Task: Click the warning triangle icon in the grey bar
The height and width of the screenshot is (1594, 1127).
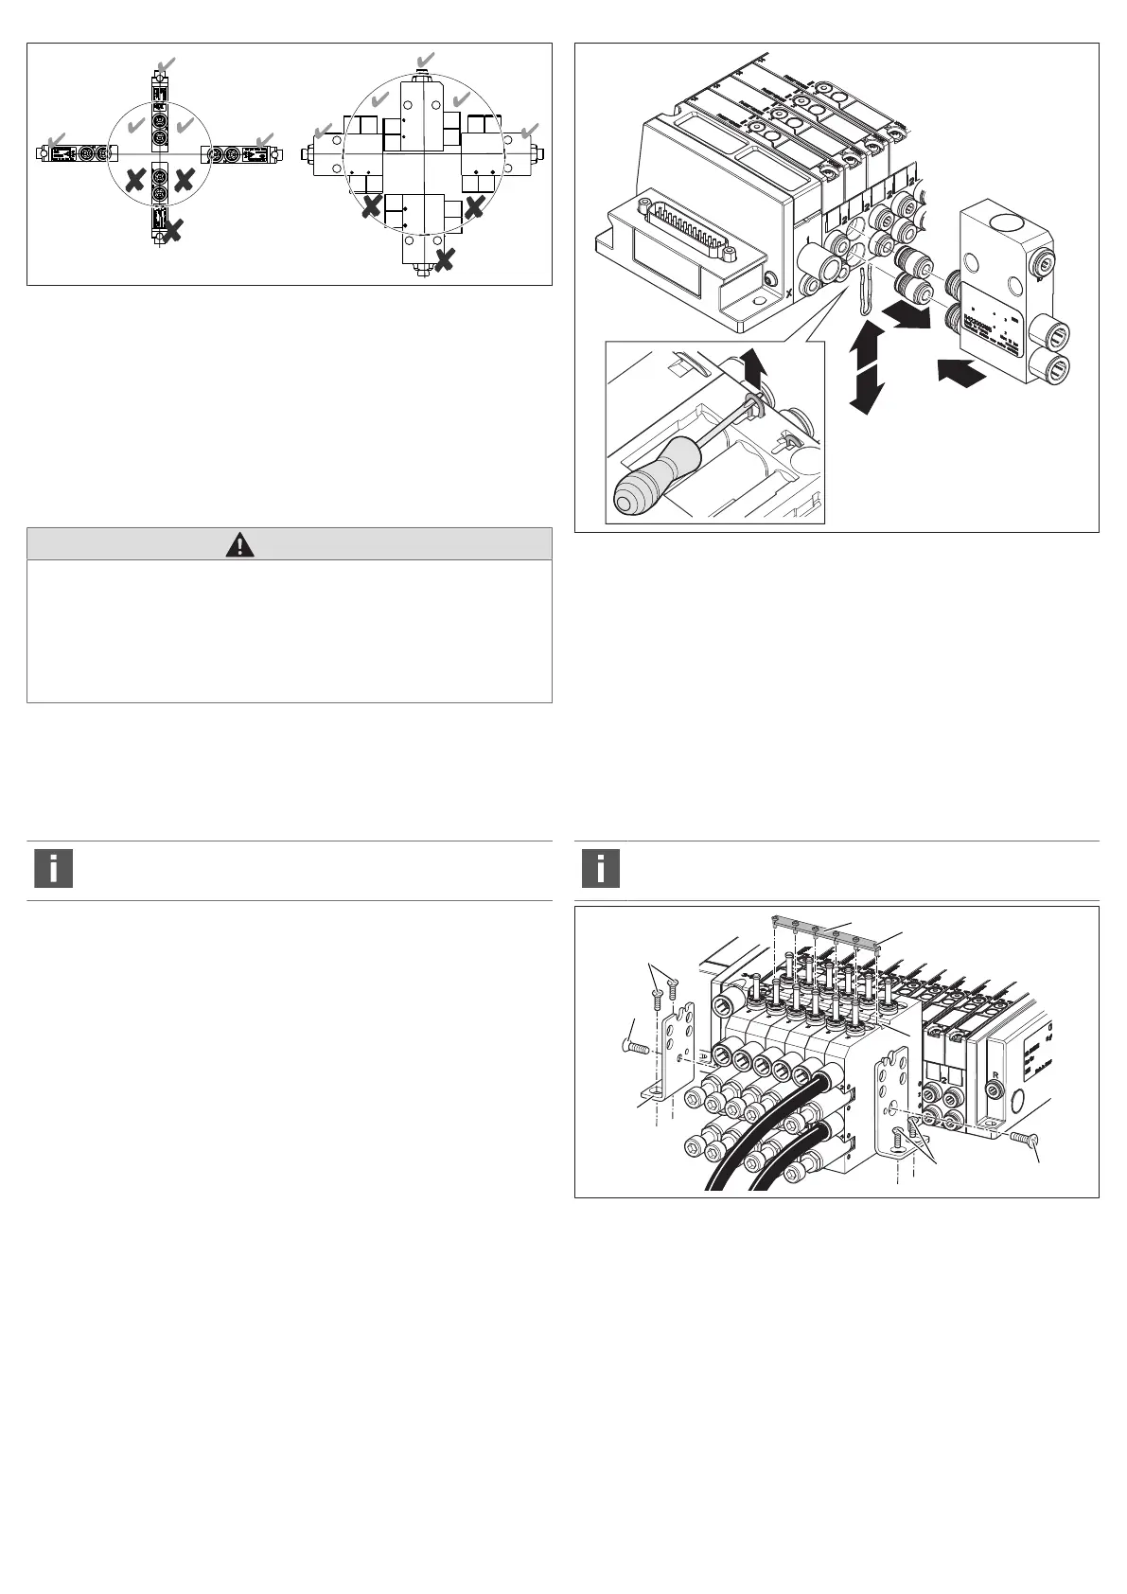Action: [x=242, y=544]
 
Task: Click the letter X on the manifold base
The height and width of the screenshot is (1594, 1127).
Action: [x=788, y=293]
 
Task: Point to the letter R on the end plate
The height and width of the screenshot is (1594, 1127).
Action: [x=993, y=1076]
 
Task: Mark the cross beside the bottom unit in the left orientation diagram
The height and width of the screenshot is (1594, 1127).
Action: [x=173, y=226]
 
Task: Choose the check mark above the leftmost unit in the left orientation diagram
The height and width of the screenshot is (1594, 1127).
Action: [x=57, y=141]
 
